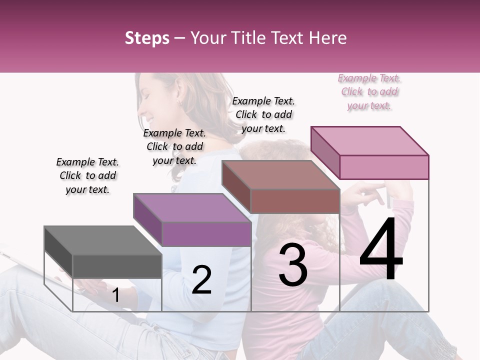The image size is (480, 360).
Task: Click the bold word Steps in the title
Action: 147,38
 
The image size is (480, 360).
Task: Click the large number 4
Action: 381,250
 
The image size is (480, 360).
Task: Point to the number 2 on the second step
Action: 201,279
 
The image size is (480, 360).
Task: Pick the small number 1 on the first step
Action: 116,295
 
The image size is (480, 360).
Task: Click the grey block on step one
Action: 103,252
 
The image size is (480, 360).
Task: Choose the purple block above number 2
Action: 192,220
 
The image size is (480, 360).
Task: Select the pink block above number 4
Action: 370,152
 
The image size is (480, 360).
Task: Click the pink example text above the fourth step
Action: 369,92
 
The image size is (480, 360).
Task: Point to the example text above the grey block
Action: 87,175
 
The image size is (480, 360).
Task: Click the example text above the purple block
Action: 174,146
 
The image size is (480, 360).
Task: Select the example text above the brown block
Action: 263,114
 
